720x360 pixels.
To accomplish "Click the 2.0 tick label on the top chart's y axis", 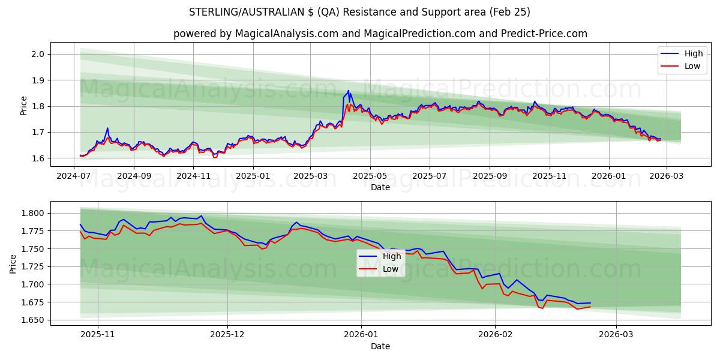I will click(x=38, y=54).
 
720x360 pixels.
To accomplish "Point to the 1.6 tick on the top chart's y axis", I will click(x=38, y=158).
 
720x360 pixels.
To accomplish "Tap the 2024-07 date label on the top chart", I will click(x=74, y=176).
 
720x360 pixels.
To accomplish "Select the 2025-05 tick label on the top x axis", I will click(x=370, y=176).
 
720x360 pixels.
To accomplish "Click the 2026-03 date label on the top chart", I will click(x=667, y=176).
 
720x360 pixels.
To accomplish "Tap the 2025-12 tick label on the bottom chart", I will click(x=228, y=335).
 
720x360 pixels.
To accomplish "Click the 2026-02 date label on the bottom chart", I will click(x=496, y=335).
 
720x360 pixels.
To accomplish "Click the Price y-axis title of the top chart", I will click(x=24, y=106).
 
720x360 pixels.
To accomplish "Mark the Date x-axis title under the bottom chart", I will click(x=380, y=346).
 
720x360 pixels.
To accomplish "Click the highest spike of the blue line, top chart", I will click(x=348, y=91).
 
